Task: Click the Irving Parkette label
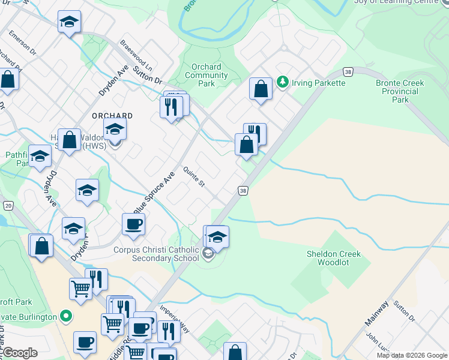tap(318, 83)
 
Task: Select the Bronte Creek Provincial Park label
tap(400, 91)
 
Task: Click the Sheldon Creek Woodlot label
tap(334, 258)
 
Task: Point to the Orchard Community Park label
tap(206, 76)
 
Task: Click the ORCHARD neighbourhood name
tap(112, 116)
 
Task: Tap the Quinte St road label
tap(194, 177)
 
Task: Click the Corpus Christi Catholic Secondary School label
tap(156, 254)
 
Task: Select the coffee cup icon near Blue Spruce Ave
tap(133, 224)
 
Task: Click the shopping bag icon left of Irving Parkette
tap(261, 89)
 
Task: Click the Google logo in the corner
tap(20, 353)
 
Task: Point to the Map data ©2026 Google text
tap(411, 355)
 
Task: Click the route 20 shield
tap(8, 205)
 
